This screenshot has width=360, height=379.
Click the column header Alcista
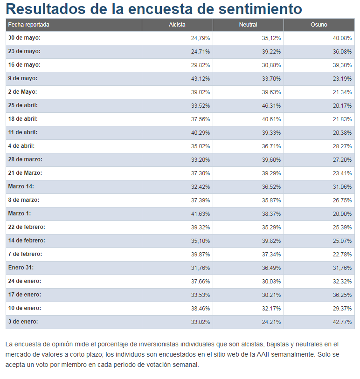point(177,25)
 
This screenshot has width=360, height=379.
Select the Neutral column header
point(248,25)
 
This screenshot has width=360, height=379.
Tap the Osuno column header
point(319,25)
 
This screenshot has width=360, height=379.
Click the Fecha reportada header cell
point(28,25)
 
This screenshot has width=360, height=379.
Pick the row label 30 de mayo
point(24,38)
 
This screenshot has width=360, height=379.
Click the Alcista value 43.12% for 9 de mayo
point(201,78)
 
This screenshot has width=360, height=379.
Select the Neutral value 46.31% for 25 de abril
point(271,105)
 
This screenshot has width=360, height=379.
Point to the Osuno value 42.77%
point(343,322)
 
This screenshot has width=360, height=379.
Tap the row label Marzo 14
point(21,186)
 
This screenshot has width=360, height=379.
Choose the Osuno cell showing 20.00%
point(343,214)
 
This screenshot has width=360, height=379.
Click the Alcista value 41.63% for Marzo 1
point(201,214)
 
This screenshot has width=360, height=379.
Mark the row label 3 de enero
point(23,322)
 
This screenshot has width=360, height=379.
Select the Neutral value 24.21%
point(271,322)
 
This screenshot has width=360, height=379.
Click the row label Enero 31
point(21,268)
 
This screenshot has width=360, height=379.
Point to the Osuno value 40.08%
point(343,38)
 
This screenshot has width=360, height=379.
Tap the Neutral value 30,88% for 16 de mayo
point(271,65)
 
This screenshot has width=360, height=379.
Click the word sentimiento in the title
point(256,9)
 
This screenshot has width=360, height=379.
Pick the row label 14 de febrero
point(27,241)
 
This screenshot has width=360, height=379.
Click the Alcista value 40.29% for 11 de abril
point(201,132)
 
